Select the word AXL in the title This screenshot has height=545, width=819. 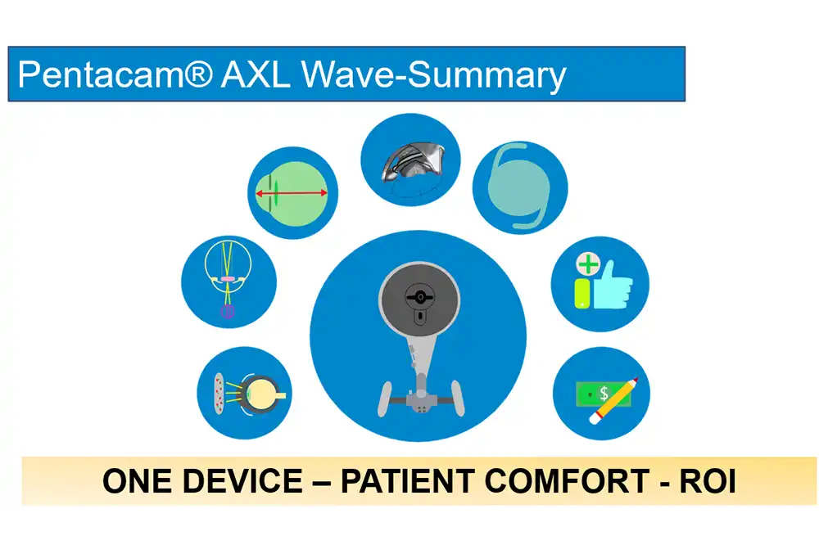pyautogui.click(x=255, y=74)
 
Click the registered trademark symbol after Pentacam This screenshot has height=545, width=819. pyautogui.click(x=198, y=73)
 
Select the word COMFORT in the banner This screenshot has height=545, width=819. pyautogui.click(x=567, y=481)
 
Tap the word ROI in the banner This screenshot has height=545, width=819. pyautogui.click(x=708, y=481)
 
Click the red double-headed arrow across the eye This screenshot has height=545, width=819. pyautogui.click(x=292, y=193)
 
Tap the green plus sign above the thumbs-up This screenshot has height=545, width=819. pyautogui.click(x=588, y=264)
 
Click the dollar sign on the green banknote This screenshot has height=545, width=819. pyautogui.click(x=604, y=393)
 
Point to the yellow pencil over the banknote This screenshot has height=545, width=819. pyautogui.click(x=613, y=401)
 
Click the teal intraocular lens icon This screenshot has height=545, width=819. pyautogui.click(x=520, y=187)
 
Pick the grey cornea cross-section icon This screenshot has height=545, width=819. pyautogui.click(x=413, y=163)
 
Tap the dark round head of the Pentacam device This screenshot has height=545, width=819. pyautogui.click(x=419, y=300)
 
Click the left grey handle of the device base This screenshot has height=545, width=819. pyautogui.click(x=386, y=399)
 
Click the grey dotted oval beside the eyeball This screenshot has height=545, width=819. pyautogui.click(x=219, y=394)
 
